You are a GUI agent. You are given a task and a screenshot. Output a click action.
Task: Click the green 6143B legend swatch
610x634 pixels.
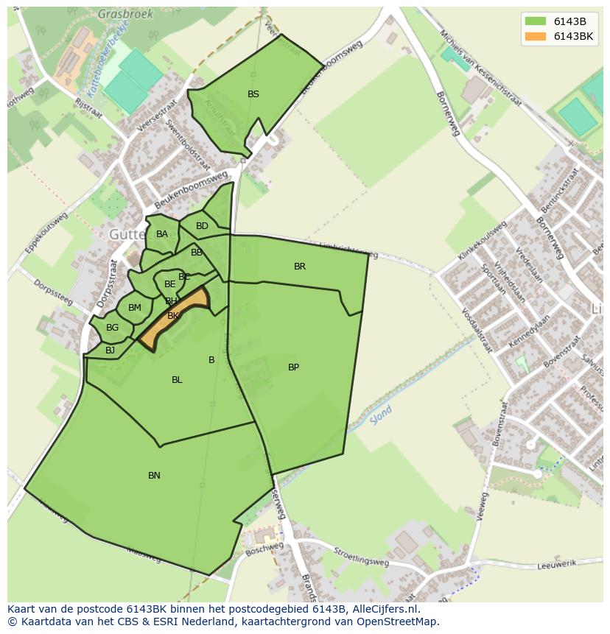tap(536, 21)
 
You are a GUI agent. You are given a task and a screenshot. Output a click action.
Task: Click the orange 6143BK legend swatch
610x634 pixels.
tap(536, 36)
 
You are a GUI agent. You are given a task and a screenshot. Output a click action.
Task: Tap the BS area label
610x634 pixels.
tap(253, 94)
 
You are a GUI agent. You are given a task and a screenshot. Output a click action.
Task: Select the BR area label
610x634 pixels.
tap(300, 267)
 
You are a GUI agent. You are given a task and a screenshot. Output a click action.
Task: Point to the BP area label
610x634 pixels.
tap(293, 367)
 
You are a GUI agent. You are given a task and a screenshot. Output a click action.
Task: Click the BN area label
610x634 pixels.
tap(154, 476)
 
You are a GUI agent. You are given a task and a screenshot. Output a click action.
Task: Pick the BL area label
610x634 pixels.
tap(177, 380)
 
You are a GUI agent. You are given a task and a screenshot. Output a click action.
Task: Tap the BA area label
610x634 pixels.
tap(162, 234)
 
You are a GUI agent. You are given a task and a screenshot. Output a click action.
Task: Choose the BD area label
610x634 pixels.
tap(202, 226)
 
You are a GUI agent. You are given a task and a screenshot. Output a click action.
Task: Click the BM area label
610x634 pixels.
tap(135, 308)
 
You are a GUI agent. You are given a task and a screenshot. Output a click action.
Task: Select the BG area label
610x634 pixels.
tap(112, 328)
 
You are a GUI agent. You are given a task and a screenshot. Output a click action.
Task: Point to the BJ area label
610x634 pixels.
tap(110, 351)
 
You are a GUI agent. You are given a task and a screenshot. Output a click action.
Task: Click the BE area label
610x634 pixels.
tap(170, 284)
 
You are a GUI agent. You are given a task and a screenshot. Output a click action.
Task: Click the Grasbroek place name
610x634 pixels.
tap(126, 13)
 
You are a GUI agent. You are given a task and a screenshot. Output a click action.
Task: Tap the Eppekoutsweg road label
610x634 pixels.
tap(46, 233)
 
